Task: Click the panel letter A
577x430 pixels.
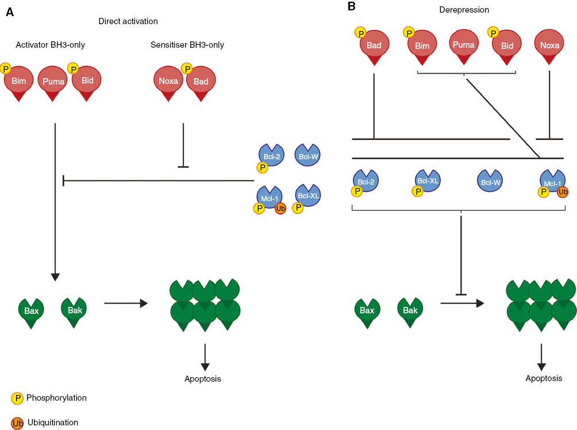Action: click(9, 12)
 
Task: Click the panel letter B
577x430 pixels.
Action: click(352, 7)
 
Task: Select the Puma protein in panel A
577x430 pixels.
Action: click(52, 82)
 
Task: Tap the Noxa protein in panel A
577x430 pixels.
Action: click(168, 82)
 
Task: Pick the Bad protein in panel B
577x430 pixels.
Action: click(375, 45)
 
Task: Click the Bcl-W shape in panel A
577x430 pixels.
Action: click(308, 155)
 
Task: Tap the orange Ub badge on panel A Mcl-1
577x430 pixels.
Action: click(280, 209)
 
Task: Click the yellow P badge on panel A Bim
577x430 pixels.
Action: click(6, 69)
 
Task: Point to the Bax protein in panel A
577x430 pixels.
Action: click(32, 311)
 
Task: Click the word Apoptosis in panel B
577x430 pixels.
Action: click(544, 378)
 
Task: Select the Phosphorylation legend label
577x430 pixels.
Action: click(56, 397)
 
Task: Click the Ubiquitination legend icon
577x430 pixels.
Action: click(17, 423)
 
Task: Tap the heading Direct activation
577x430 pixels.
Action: click(128, 21)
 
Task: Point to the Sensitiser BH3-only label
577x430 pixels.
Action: click(187, 45)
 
